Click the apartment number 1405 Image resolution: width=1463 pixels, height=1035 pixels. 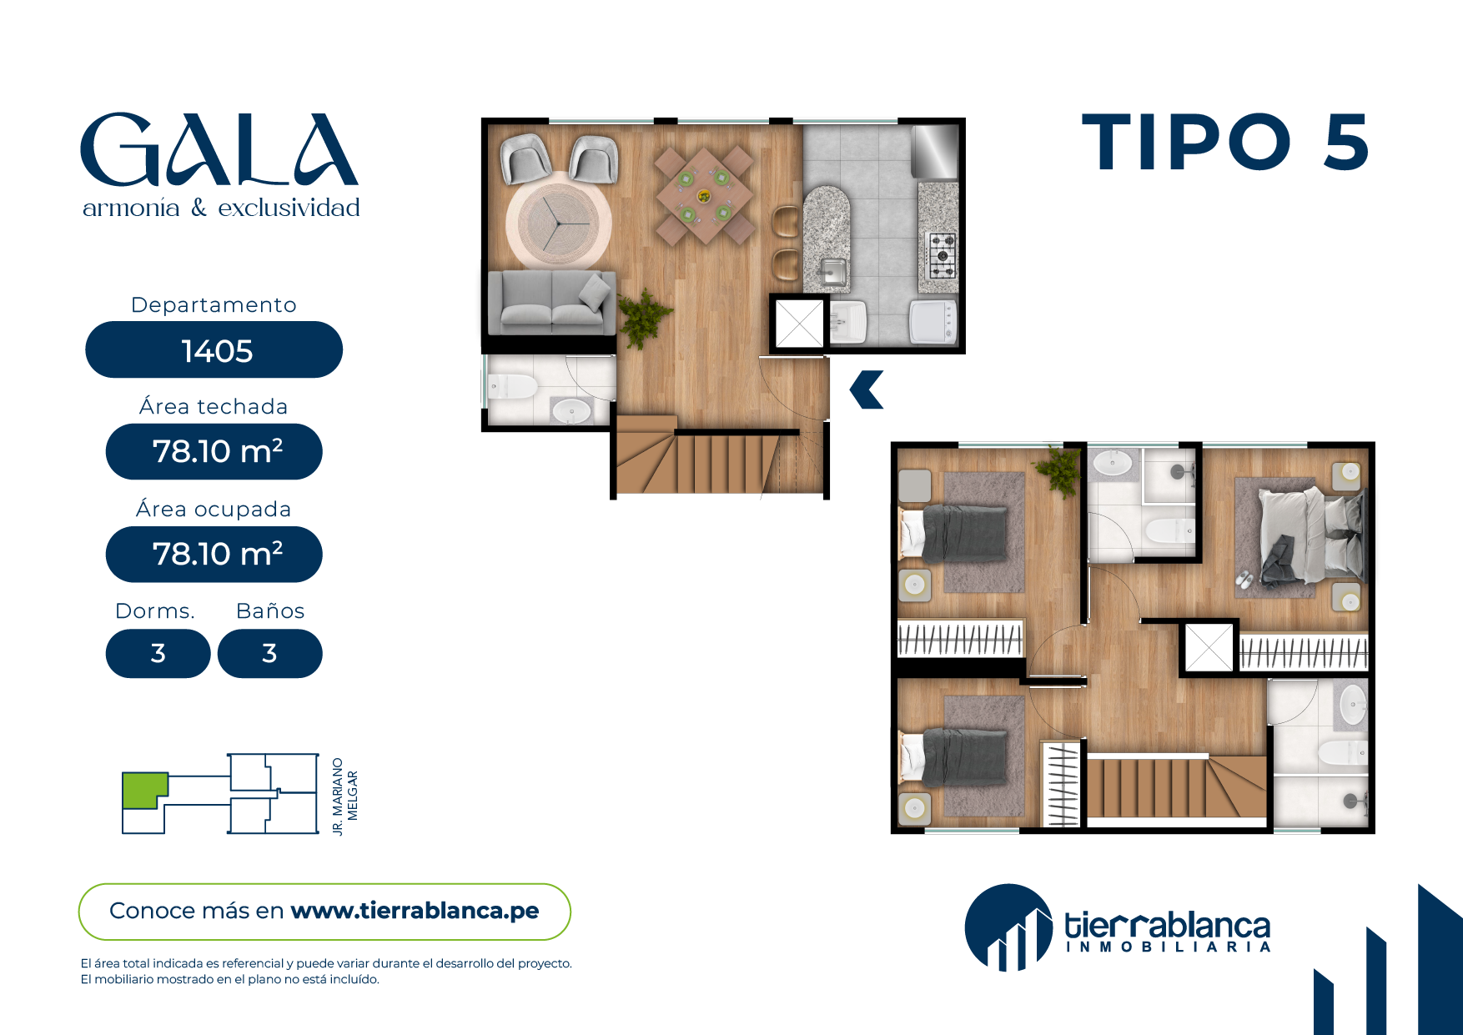217,351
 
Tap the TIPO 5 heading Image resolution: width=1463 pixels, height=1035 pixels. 1225,143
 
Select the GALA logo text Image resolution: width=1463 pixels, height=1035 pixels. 219,150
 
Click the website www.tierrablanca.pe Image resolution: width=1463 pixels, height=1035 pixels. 415,911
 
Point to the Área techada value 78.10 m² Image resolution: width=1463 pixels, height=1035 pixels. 217,451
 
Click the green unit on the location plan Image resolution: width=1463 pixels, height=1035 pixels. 143,790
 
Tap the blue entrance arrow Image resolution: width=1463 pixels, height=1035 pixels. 867,389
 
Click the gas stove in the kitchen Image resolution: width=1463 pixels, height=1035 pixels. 943,255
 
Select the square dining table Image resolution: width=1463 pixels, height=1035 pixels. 705,196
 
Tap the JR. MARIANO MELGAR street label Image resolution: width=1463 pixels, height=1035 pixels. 344,796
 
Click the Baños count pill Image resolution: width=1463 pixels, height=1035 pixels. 269,653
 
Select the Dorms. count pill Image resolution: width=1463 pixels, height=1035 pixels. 158,653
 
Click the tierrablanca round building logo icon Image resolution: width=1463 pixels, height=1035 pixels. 1008,928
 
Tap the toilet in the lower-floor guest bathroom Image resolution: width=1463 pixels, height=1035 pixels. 512,387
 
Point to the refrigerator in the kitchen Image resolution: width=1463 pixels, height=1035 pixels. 935,151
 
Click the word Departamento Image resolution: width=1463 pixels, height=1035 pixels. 214,304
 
